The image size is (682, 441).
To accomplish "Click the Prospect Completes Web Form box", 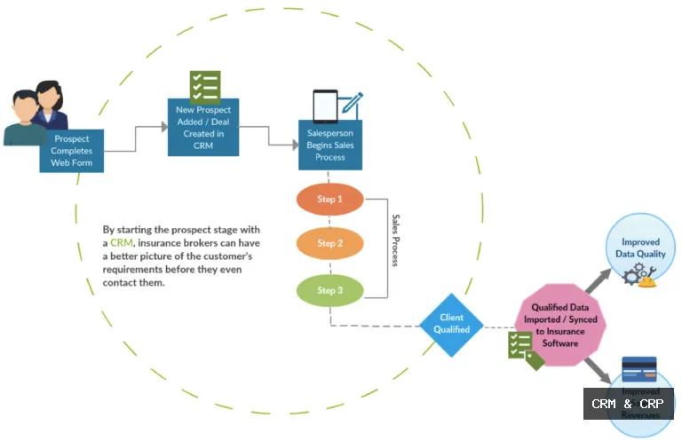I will pos(72,151).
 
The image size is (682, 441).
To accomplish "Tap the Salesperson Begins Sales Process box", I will pos(330,143).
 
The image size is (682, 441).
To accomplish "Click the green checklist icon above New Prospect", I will pos(205,87).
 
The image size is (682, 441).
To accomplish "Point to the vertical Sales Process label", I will pos(396,240).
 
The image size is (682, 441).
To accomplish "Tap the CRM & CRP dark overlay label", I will pos(628,404).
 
